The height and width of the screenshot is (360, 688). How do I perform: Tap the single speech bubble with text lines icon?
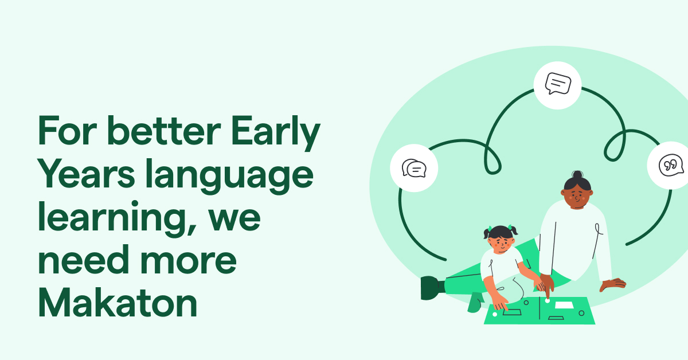coord(557,84)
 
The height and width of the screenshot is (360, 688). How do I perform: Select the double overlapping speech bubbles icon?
coord(414,169)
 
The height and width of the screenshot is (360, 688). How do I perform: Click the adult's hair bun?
coord(577,175)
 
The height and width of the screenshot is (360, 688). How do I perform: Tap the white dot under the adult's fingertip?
coord(548,300)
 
